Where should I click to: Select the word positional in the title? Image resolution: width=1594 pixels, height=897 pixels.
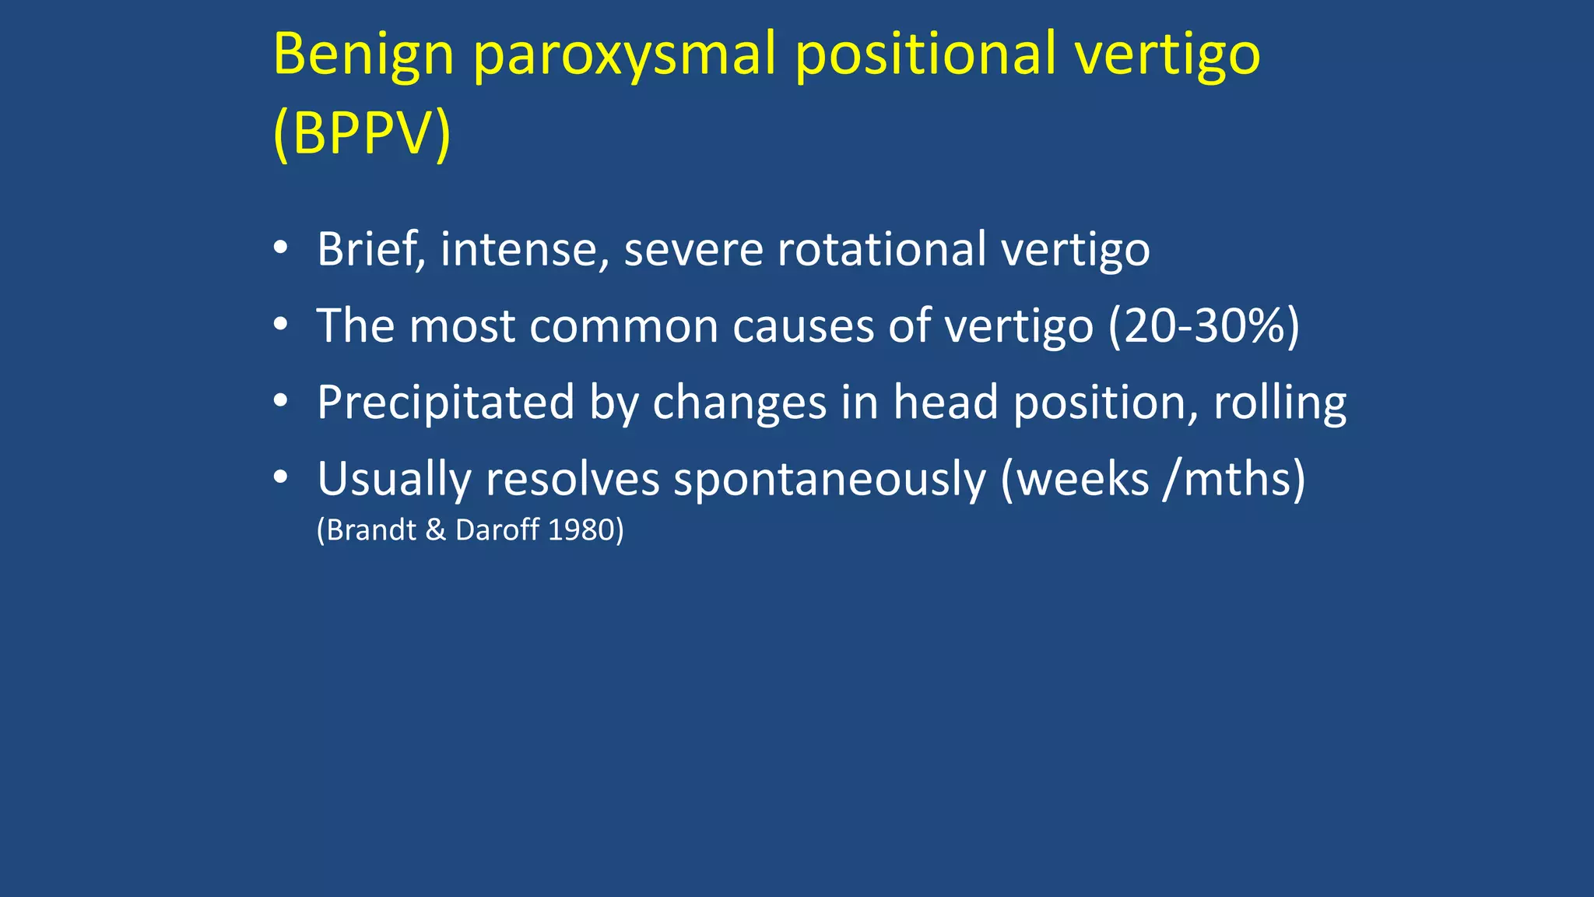[x=926, y=56]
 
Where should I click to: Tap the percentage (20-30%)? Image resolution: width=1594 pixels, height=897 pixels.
[x=1203, y=325]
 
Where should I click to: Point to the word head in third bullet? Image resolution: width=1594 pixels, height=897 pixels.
[x=945, y=403]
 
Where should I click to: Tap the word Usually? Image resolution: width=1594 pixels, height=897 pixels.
[x=394, y=479]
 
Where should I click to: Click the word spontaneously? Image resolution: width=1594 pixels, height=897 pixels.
[x=830, y=479]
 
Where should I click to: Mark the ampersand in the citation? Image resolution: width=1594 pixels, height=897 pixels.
[x=436, y=530]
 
